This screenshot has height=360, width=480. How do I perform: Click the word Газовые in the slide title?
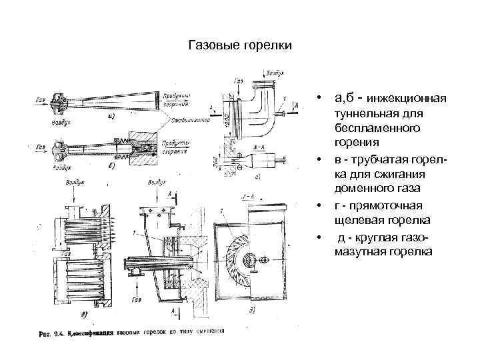(x=211, y=46)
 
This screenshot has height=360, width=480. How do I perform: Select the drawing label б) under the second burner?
(x=109, y=166)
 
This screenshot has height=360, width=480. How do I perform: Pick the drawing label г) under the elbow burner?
(x=259, y=177)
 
